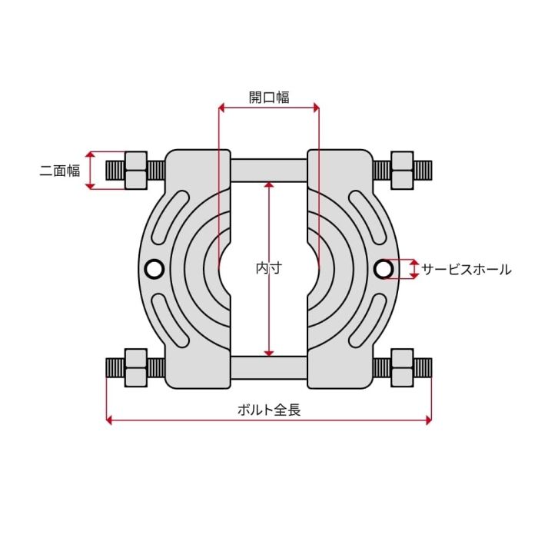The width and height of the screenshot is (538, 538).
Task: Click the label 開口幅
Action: pyautogui.click(x=269, y=98)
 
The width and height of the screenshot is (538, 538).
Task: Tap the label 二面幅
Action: pyautogui.click(x=60, y=171)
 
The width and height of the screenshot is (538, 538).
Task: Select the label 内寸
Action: pyautogui.click(x=269, y=268)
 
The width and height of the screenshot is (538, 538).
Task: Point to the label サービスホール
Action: pyautogui.click(x=467, y=269)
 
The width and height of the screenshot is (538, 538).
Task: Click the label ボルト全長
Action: pyautogui.click(x=269, y=410)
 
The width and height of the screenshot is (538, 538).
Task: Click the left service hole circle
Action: pyautogui.click(x=154, y=269)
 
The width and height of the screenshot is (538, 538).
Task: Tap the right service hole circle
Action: pyautogui.click(x=384, y=269)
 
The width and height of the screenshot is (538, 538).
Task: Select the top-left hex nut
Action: pyautogui.click(x=136, y=170)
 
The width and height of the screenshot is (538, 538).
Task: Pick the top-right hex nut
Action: pyautogui.click(x=402, y=170)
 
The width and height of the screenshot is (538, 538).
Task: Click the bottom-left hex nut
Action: pyautogui.click(x=136, y=368)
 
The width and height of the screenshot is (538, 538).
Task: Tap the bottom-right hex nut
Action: pyautogui.click(x=402, y=368)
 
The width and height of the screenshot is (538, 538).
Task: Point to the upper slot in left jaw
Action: pyautogui.click(x=169, y=217)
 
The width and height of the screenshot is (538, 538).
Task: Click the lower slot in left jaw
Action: pyautogui.click(x=169, y=320)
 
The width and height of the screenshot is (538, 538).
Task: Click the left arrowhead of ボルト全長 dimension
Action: pyautogui.click(x=109, y=420)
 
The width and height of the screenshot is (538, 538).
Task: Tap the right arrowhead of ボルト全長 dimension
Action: pyautogui.click(x=429, y=420)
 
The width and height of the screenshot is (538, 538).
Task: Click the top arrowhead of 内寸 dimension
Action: pyautogui.click(x=269, y=184)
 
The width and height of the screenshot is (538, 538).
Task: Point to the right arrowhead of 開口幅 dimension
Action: pyautogui.click(x=317, y=108)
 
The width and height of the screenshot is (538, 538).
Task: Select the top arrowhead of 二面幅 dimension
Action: pyautogui.click(x=90, y=154)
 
